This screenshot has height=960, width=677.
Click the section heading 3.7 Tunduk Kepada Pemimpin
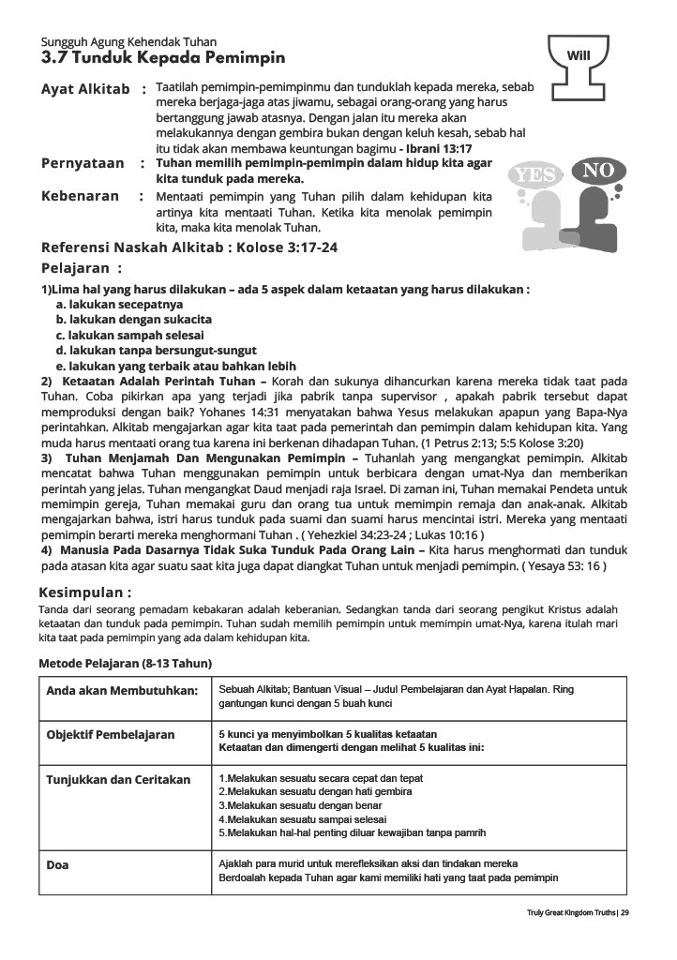click(163, 58)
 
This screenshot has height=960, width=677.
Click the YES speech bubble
click(536, 175)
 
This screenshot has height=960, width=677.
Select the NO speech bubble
click(597, 171)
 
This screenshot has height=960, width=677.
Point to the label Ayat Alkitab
click(85, 89)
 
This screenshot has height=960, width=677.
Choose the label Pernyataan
click(83, 163)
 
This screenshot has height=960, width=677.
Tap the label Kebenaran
click(81, 197)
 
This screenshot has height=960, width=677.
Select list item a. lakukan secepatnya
click(119, 305)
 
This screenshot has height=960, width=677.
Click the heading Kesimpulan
click(84, 592)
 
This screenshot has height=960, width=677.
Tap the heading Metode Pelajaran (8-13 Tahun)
click(125, 664)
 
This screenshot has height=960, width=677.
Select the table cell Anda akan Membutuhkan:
click(123, 691)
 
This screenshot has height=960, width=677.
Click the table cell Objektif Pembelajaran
click(111, 735)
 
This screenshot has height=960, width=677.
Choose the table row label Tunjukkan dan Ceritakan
click(118, 780)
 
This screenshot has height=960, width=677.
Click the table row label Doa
click(57, 864)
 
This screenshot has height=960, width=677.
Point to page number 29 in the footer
click(624, 913)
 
